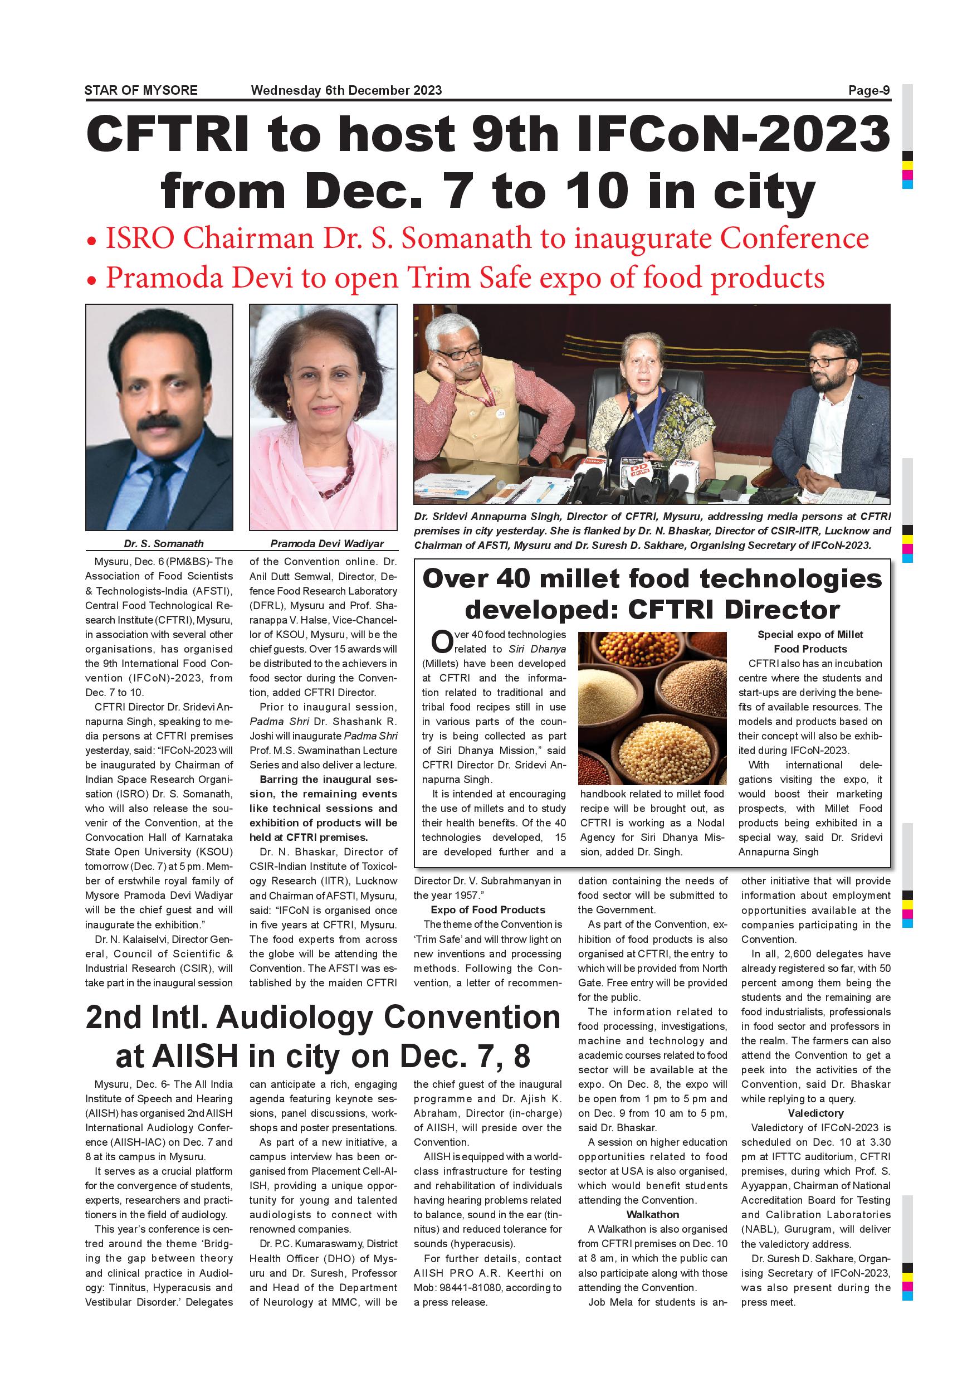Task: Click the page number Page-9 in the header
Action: (x=869, y=90)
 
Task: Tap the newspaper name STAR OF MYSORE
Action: (x=141, y=90)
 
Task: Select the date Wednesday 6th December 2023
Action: (x=346, y=90)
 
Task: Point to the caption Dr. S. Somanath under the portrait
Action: (x=164, y=543)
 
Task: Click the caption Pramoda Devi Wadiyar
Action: (x=326, y=543)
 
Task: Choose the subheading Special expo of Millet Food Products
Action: (x=810, y=641)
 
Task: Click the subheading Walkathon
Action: (x=652, y=1215)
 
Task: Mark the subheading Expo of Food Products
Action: (x=487, y=909)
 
